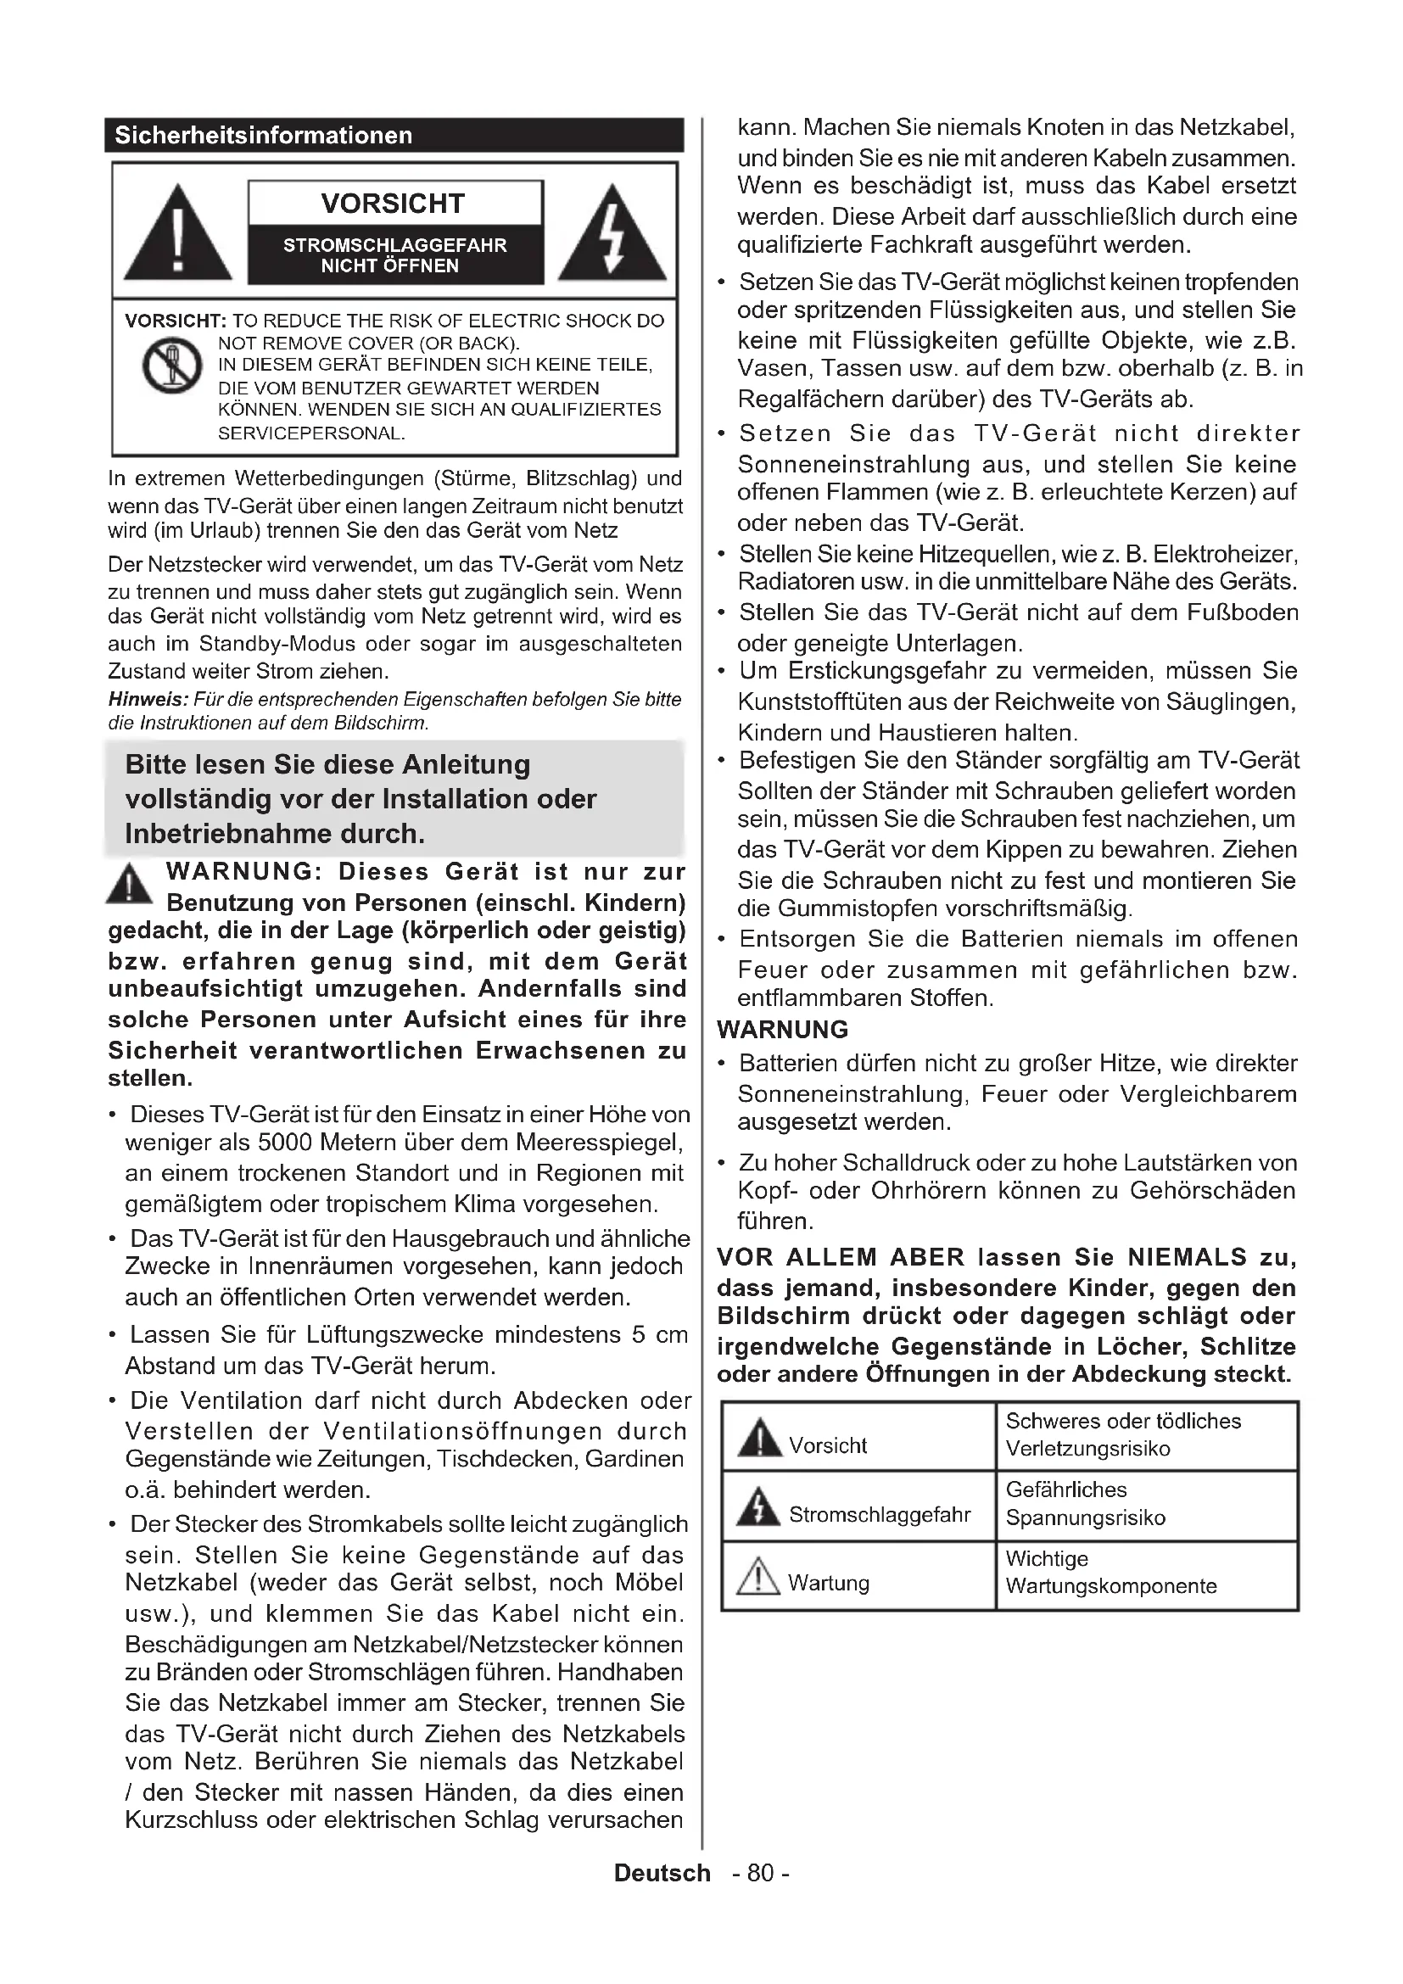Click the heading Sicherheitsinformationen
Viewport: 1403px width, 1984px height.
pos(264,136)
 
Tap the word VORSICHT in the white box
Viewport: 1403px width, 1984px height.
pos(393,204)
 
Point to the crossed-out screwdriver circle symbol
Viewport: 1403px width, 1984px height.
pos(171,365)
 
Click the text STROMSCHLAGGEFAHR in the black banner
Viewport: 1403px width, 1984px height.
pos(394,245)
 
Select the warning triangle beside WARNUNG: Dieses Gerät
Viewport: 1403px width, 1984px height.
pos(129,884)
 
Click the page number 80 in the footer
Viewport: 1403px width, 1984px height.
pos(760,1874)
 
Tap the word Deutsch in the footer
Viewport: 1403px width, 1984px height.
pos(662,1874)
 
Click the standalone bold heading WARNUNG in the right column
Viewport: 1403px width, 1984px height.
pos(783,1030)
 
